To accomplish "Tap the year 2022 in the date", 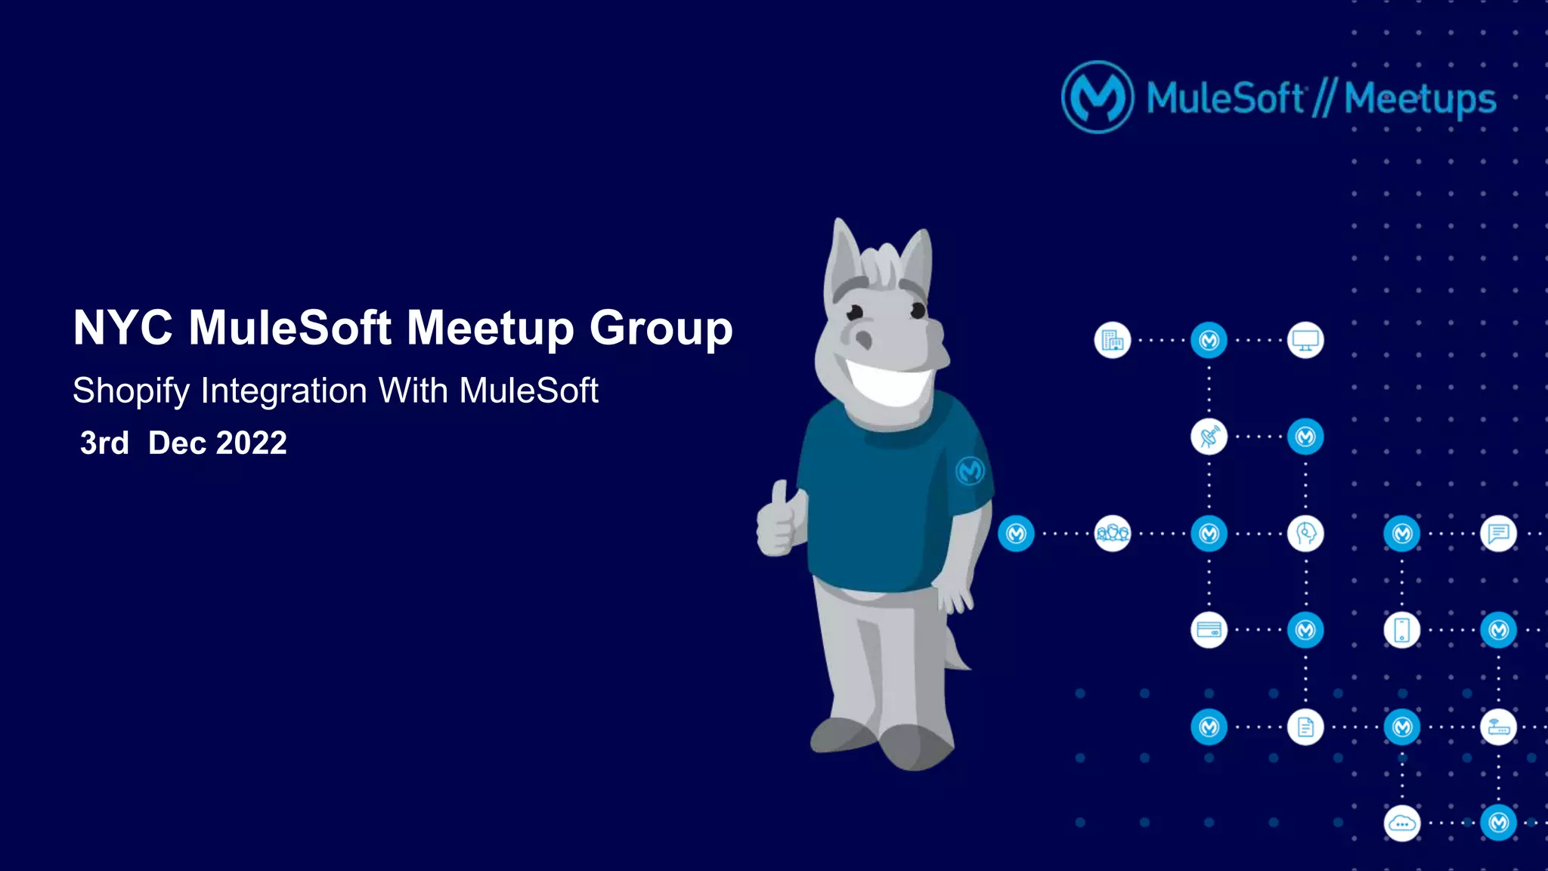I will (x=251, y=443).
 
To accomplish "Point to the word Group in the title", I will (x=661, y=329).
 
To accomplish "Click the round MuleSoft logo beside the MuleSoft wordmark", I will (x=1098, y=97).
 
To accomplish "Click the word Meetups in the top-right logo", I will (x=1420, y=99).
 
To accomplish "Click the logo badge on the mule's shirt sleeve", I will (x=970, y=471).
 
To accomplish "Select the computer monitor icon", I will (x=1305, y=340).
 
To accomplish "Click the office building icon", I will (x=1112, y=340).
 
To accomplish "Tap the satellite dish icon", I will (x=1209, y=437).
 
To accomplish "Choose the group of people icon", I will (x=1112, y=533).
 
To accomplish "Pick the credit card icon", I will (x=1209, y=630).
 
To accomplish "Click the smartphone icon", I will (x=1402, y=630).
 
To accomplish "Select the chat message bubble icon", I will (x=1498, y=533).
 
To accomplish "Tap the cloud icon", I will (x=1402, y=823).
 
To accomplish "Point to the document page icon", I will (x=1305, y=727).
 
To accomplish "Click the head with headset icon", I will (x=1305, y=533).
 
